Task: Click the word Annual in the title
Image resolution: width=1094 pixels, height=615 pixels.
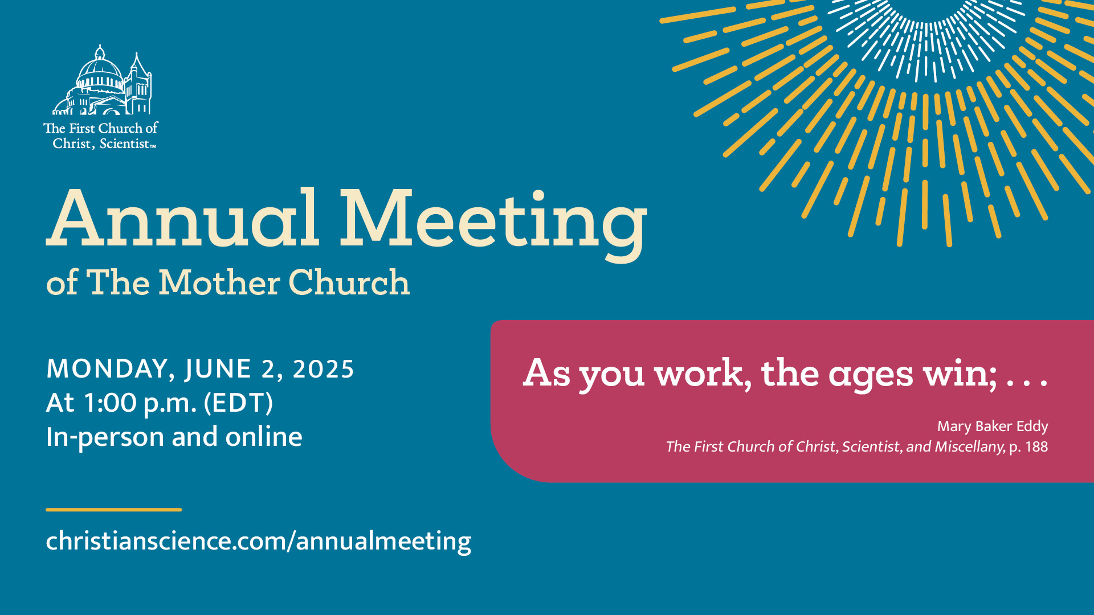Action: [x=183, y=219]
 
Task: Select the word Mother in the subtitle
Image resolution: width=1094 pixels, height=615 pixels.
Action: [x=219, y=283]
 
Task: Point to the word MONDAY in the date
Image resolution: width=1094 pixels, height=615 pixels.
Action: [x=107, y=370]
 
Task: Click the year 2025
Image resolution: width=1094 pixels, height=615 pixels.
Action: [x=323, y=370]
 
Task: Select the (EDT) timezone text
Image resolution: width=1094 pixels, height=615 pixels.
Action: [x=239, y=403]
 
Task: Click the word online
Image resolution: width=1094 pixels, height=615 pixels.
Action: [x=264, y=437]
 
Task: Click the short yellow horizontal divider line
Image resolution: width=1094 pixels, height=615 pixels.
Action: [x=114, y=510]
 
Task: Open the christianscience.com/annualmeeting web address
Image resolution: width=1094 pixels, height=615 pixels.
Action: [x=259, y=541]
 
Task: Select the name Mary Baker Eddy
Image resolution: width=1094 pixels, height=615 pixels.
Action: [x=993, y=427]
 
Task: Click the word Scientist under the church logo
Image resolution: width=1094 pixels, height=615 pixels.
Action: [x=124, y=143]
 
